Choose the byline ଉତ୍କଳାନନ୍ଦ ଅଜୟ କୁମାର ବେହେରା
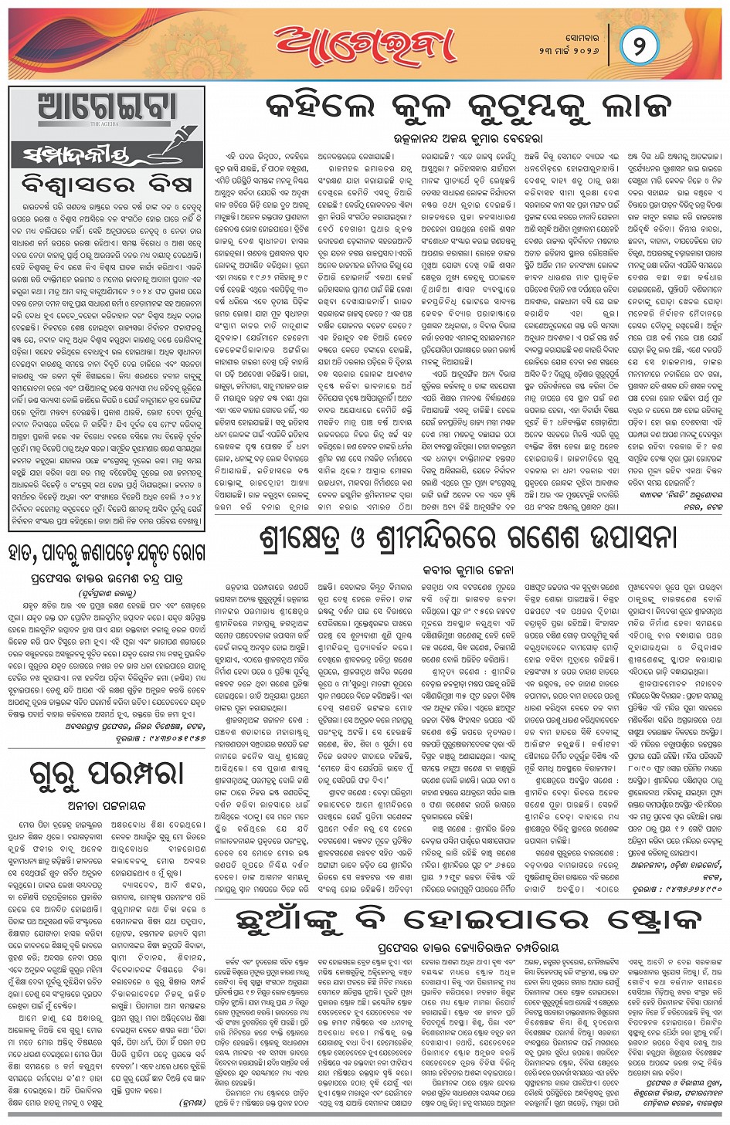pyautogui.click(x=467, y=140)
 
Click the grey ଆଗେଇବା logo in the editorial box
pyautogui.click(x=107, y=107)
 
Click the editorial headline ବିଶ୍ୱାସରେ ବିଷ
pyautogui.click(x=107, y=185)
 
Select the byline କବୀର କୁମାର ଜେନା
pyautogui.click(x=467, y=570)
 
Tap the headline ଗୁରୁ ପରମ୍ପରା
pyautogui.click(x=107, y=773)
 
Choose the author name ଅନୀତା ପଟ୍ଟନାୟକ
pyautogui.click(x=107, y=805)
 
